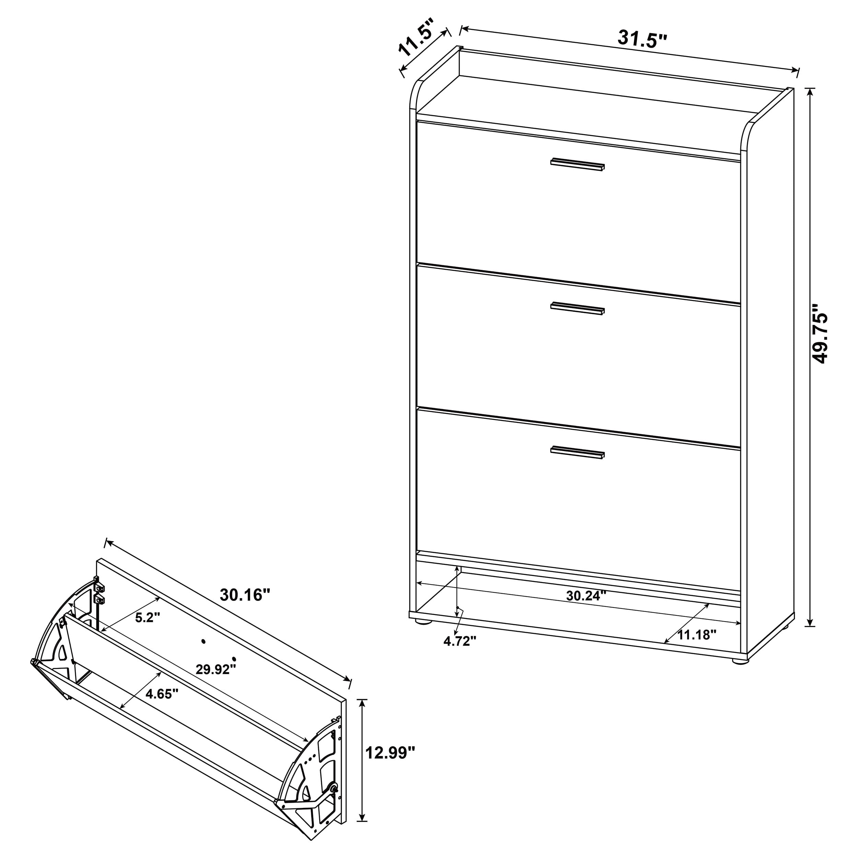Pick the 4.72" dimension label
(x=460, y=640)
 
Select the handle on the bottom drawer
(x=577, y=453)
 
